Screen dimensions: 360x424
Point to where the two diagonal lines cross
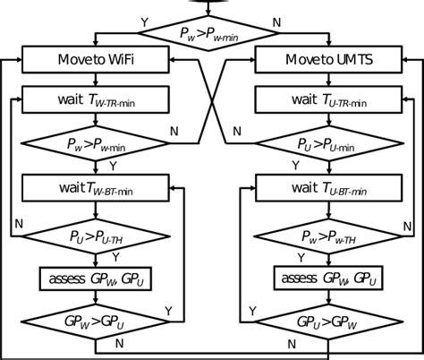click(x=211, y=102)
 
